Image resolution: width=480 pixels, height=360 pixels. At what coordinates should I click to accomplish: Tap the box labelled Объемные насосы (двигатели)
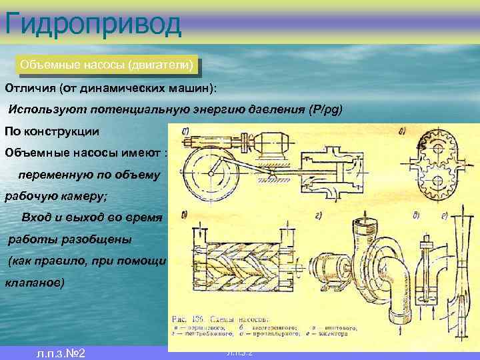107,65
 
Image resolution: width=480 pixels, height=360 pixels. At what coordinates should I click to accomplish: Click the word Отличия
29,88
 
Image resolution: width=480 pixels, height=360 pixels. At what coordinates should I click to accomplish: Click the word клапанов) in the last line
35,283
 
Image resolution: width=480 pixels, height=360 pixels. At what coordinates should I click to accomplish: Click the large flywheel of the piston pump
212,175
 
